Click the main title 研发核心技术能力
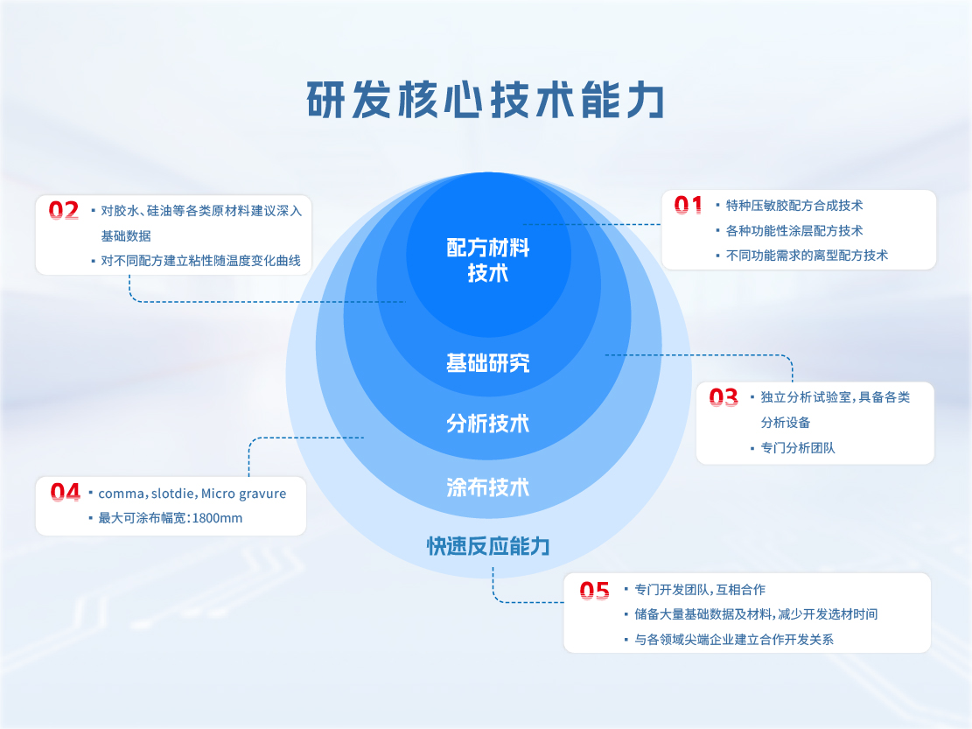486,100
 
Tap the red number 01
689,206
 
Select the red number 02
64,210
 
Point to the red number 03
724,398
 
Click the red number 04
66,493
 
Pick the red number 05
595,591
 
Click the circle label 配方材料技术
488,260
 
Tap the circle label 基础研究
488,362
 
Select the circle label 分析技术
488,424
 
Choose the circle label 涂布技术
488,487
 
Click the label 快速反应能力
488,547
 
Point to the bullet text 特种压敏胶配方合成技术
794,206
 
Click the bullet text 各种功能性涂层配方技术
794,231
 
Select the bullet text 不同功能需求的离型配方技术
807,256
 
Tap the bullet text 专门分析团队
798,448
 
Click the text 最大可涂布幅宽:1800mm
171,518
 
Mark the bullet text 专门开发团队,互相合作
700,590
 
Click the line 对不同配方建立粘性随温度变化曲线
200,261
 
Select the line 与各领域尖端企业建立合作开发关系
734,640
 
